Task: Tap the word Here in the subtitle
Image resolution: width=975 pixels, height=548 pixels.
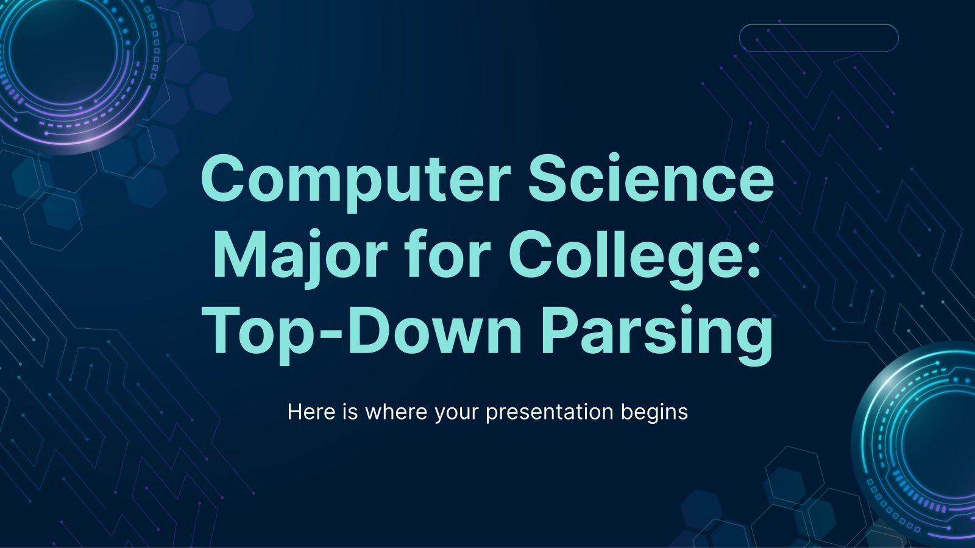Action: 311,412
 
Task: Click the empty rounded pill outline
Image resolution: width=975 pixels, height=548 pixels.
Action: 818,38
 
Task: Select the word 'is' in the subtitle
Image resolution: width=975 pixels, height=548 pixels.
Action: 349,412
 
